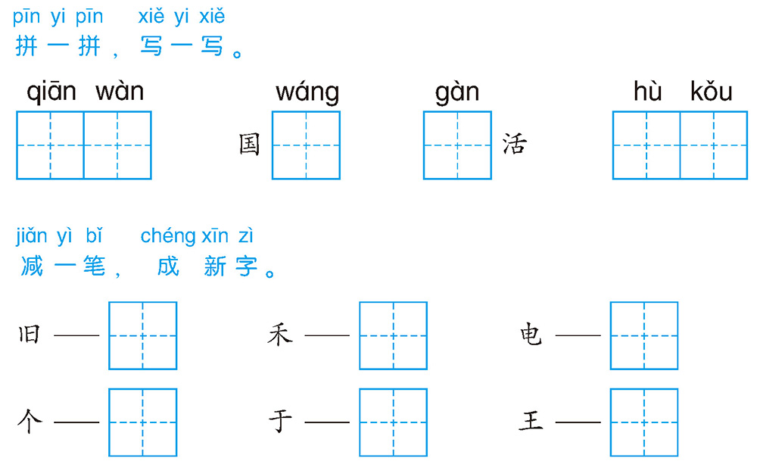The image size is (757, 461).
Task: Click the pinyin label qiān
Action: click(x=51, y=92)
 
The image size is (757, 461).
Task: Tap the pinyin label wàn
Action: click(x=120, y=92)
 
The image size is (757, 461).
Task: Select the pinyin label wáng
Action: click(x=307, y=92)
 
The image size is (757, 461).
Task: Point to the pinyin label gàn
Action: click(x=457, y=92)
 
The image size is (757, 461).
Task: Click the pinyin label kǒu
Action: click(x=711, y=91)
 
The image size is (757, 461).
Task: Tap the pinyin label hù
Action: click(x=647, y=91)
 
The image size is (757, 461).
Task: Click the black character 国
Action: click(x=250, y=145)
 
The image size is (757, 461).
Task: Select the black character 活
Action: click(x=514, y=144)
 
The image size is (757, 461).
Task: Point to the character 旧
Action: click(x=29, y=335)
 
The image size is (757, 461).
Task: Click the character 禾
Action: click(x=280, y=335)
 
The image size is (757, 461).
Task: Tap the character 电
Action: click(x=531, y=335)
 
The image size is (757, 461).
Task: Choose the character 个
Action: click(x=30, y=422)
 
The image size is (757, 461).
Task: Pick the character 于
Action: click(x=281, y=421)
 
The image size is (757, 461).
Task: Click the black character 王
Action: click(x=531, y=420)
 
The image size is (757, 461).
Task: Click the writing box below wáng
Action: click(x=306, y=145)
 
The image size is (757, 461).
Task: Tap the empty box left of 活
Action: click(x=458, y=145)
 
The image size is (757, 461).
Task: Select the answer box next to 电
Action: click(x=644, y=335)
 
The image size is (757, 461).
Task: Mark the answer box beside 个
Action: click(x=143, y=422)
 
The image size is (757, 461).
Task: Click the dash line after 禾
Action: click(x=327, y=335)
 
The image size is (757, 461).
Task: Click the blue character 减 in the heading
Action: click(x=32, y=266)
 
